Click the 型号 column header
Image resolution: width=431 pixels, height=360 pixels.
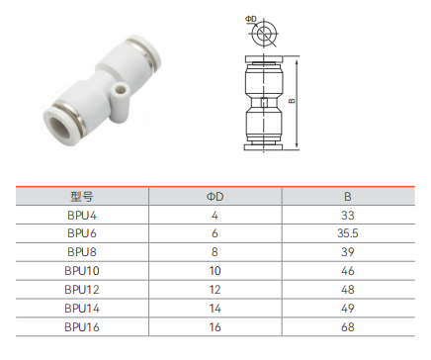coord(82,197)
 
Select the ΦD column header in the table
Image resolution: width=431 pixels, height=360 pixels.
coord(215,197)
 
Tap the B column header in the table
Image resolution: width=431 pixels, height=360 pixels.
coord(348,197)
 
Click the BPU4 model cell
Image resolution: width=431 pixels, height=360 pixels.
coord(82,216)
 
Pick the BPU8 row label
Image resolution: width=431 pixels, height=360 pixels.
coord(82,252)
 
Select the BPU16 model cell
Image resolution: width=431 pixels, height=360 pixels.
coord(82,327)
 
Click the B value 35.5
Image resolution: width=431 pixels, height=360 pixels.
coord(348,233)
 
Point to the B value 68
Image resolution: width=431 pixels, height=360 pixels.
coord(348,327)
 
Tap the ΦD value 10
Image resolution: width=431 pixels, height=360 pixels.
coord(215,271)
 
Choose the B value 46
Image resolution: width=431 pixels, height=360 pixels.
coord(348,271)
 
